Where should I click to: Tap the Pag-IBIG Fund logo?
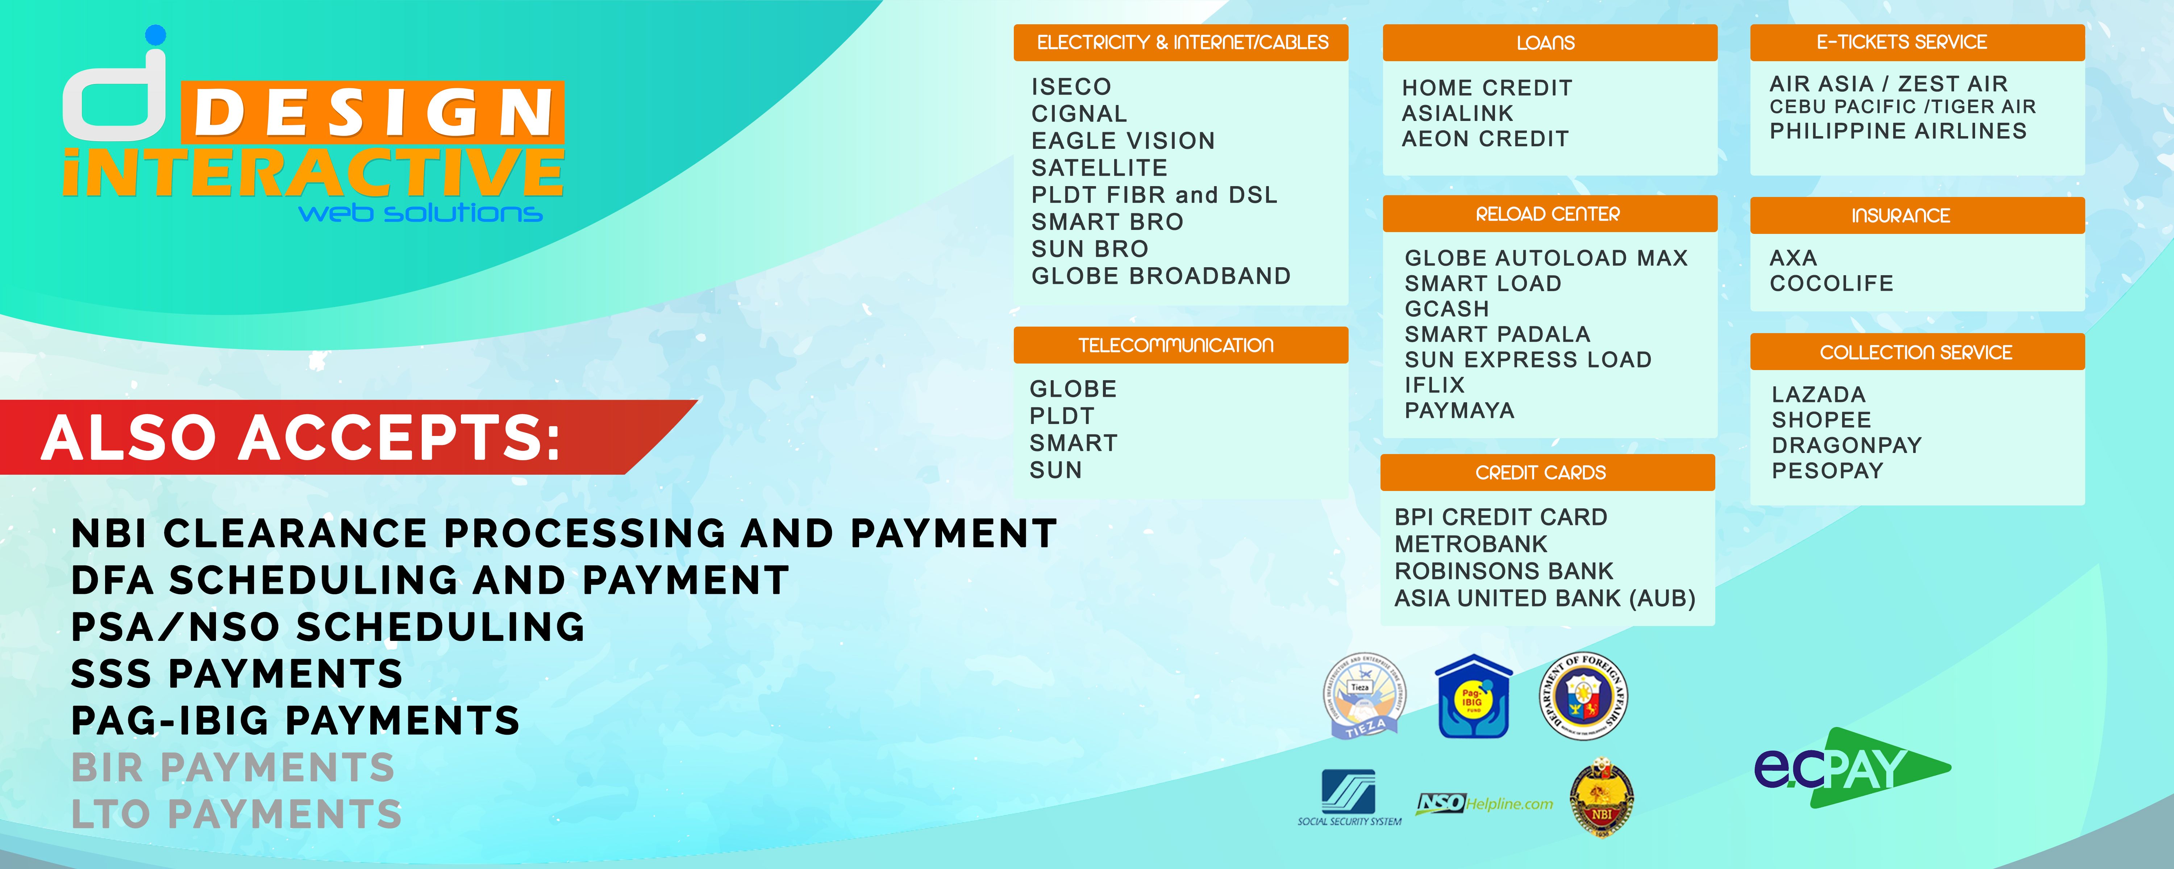click(1474, 697)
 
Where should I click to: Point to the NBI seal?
click(1601, 797)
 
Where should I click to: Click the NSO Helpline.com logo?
click(1484, 803)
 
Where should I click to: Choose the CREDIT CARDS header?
click(1547, 473)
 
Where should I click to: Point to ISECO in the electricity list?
click(1071, 87)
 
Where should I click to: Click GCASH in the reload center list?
click(1446, 309)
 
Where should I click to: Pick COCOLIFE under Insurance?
click(1831, 284)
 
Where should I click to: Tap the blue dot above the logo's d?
click(155, 35)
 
